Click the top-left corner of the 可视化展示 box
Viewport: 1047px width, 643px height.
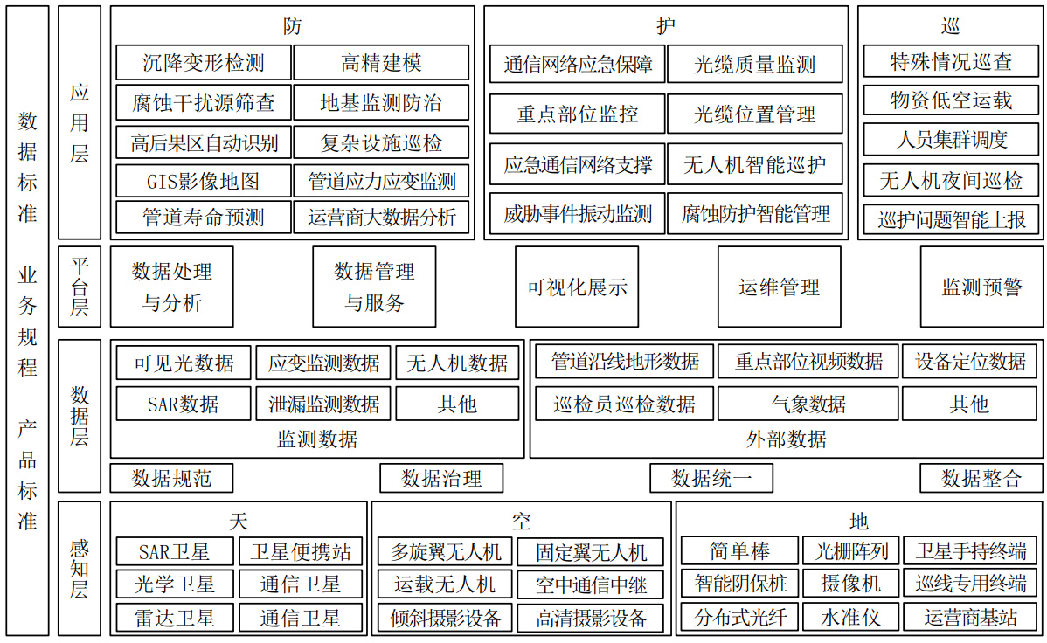516,247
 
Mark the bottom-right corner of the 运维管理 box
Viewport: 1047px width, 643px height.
841,327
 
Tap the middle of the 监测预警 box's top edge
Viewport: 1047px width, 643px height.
981,247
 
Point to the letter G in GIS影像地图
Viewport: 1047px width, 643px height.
151,182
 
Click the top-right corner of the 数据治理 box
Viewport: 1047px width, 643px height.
503,464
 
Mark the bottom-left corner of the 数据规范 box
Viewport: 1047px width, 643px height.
111,492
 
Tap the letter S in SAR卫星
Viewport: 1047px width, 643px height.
143,552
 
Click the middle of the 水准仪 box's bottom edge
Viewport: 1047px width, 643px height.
850,632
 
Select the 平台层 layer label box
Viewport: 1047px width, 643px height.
80,287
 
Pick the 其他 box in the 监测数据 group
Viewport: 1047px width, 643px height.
457,404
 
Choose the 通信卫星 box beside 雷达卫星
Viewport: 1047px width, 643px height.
301,618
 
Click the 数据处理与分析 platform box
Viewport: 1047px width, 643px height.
172,287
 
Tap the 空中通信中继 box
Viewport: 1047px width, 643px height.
591,585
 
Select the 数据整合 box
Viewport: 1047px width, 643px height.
981,478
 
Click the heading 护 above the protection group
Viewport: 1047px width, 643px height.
666,26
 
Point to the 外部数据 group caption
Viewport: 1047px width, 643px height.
787,439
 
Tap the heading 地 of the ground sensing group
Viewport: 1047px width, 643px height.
859,521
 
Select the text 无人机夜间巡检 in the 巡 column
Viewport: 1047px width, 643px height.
951,180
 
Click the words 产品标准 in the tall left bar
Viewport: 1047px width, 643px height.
27,474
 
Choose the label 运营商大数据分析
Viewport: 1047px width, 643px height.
382,217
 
